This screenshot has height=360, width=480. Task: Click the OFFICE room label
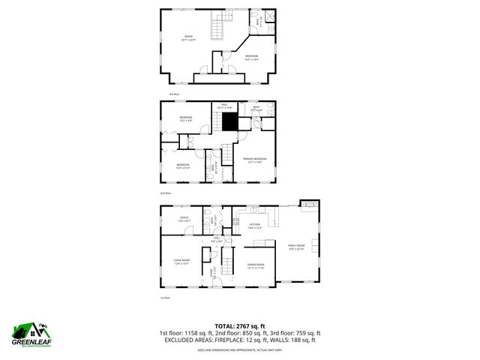(x=184, y=220)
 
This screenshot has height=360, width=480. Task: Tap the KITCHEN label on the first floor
(x=254, y=224)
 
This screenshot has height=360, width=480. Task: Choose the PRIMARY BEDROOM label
(x=255, y=159)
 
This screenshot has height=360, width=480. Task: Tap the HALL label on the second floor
(x=224, y=106)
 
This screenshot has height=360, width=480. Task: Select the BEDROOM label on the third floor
(x=251, y=56)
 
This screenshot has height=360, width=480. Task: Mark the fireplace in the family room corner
(x=308, y=203)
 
